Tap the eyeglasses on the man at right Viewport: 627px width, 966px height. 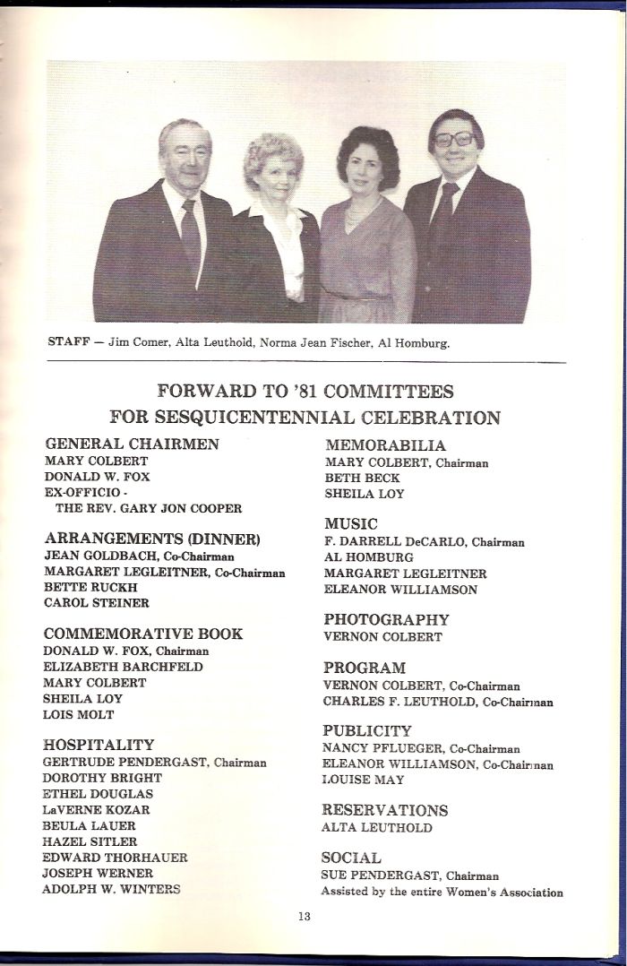coord(456,140)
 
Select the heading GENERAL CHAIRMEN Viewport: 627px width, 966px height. coord(132,444)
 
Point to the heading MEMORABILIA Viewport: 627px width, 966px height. coord(384,445)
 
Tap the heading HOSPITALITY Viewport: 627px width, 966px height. coord(99,745)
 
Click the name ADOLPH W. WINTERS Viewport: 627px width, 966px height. coord(110,889)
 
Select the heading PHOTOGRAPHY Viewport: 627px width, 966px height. coord(386,619)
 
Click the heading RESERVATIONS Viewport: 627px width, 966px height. coord(385,810)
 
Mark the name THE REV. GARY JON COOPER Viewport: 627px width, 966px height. coord(149,508)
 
